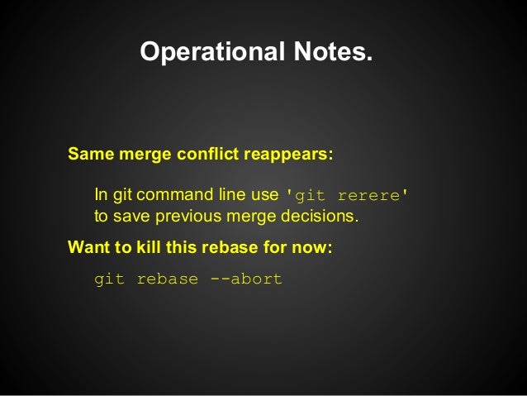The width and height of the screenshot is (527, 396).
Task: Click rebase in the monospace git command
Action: (x=168, y=279)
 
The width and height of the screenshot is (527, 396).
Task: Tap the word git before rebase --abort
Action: (x=110, y=279)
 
